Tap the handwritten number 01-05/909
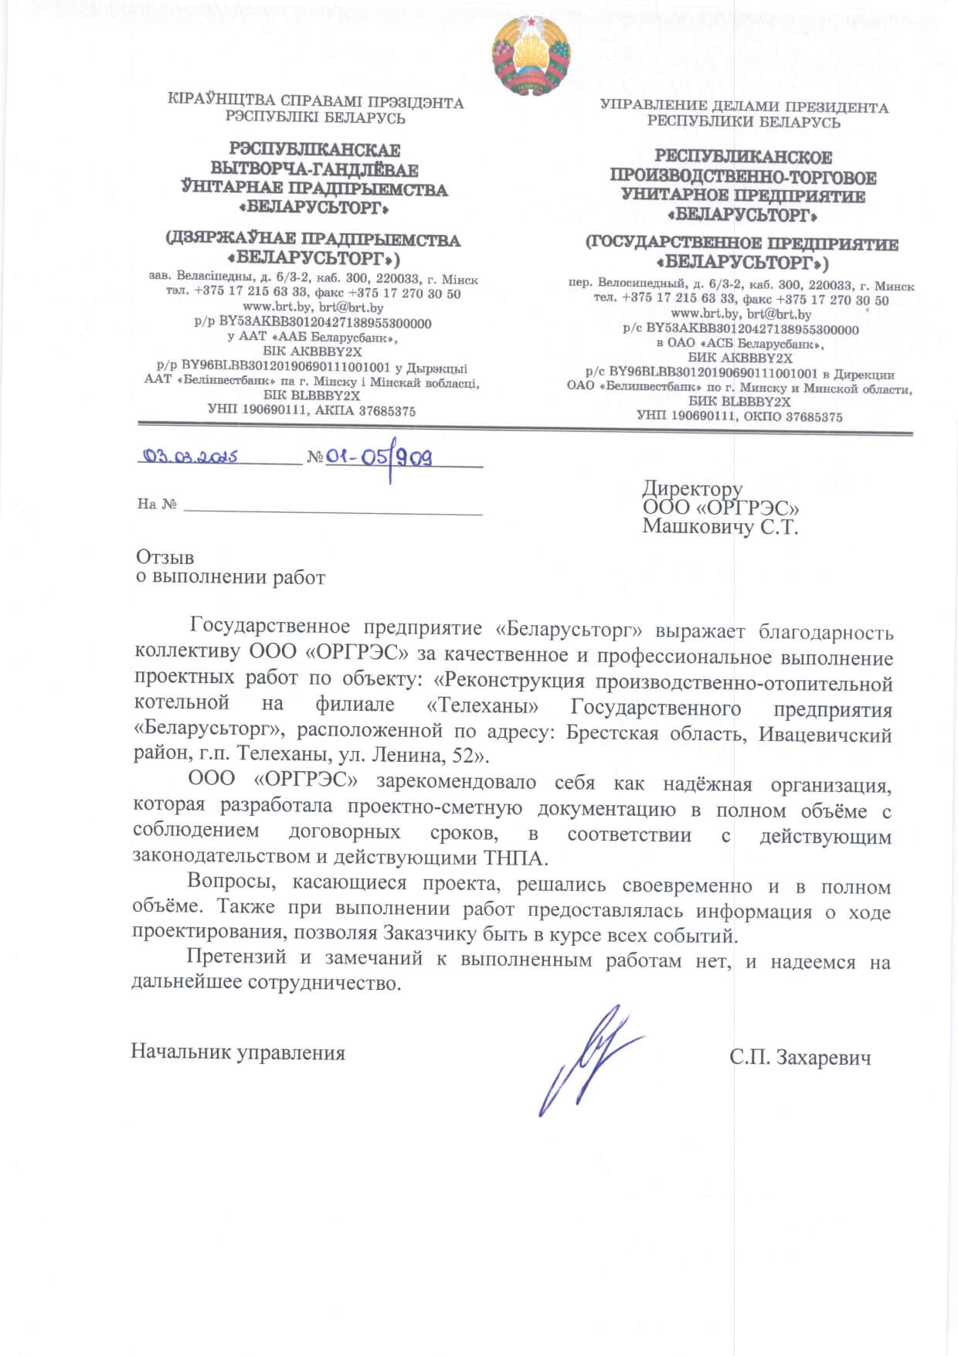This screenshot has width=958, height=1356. tap(379, 458)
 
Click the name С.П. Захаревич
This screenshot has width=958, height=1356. tap(800, 1057)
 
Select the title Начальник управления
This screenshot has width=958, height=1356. tap(238, 1052)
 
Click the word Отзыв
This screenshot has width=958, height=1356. tap(165, 557)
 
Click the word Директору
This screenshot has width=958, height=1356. tap(692, 488)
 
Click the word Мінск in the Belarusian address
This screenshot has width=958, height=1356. tap(460, 280)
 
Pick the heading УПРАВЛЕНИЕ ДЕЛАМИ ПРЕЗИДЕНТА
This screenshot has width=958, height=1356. tap(744, 107)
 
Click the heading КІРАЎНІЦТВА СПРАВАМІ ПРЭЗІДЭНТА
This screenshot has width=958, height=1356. tap(315, 102)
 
